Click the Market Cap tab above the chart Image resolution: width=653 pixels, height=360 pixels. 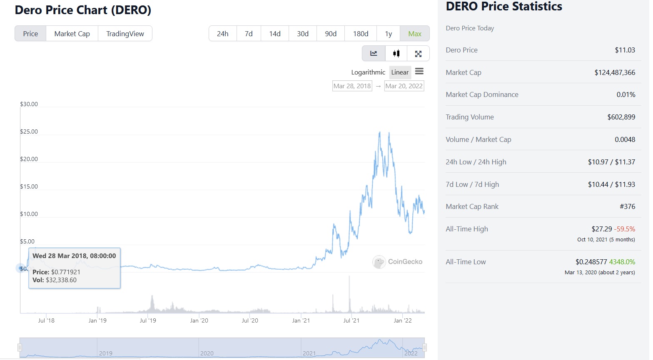pyautogui.click(x=72, y=34)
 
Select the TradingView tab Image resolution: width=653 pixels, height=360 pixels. pyautogui.click(x=125, y=34)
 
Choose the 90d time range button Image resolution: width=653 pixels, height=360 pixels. pyautogui.click(x=331, y=34)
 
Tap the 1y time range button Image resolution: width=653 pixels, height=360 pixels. pyautogui.click(x=388, y=34)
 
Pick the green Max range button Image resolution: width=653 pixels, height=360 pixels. pyautogui.click(x=414, y=34)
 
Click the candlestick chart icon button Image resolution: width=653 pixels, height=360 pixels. pyautogui.click(x=396, y=53)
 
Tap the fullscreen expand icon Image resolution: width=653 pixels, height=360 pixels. pyautogui.click(x=418, y=53)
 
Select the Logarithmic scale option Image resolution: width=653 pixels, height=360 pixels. pyautogui.click(x=368, y=72)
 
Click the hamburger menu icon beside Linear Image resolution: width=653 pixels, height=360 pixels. pyautogui.click(x=419, y=72)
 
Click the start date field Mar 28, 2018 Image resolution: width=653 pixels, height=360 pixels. pyautogui.click(x=352, y=86)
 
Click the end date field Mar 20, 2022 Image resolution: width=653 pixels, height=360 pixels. pyautogui.click(x=404, y=86)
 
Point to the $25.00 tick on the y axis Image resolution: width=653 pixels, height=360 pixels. pyautogui.click(x=29, y=132)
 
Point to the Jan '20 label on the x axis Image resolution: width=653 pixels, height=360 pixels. pyautogui.click(x=199, y=320)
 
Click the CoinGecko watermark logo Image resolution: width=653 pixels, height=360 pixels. pyautogui.click(x=397, y=262)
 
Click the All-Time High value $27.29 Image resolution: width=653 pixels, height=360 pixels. pyautogui.click(x=601, y=229)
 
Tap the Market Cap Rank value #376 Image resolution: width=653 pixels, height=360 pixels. pyautogui.click(x=627, y=206)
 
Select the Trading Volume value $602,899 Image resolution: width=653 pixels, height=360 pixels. pyautogui.click(x=621, y=117)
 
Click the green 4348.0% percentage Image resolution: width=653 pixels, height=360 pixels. pyautogui.click(x=622, y=262)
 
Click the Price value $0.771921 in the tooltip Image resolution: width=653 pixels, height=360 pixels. pyautogui.click(x=66, y=272)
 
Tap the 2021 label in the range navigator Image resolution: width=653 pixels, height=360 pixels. pyautogui.click(x=309, y=353)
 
